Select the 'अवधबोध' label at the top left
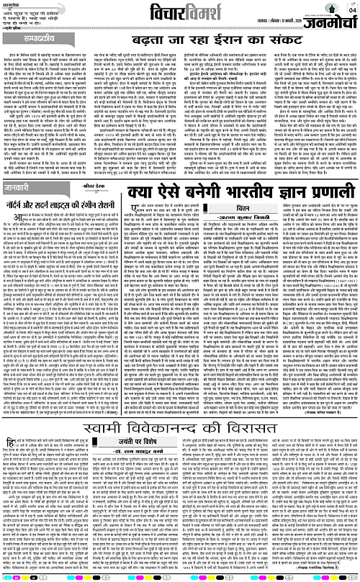16,4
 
